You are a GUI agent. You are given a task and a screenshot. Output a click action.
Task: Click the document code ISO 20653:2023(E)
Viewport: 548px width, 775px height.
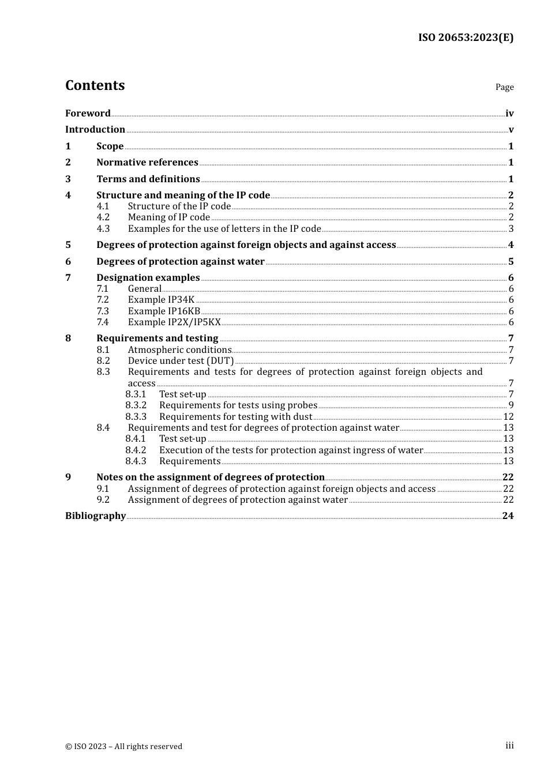click(466, 37)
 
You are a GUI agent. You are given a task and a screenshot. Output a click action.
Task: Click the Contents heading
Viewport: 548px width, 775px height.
click(95, 85)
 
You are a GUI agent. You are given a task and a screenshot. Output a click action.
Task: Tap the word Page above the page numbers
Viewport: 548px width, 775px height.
click(504, 87)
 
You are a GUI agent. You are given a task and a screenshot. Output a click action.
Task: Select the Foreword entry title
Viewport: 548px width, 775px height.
click(88, 114)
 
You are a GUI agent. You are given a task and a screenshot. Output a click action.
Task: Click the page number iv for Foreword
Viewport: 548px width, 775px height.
click(509, 114)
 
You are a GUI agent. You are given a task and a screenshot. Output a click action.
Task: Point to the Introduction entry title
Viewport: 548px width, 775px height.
click(95, 130)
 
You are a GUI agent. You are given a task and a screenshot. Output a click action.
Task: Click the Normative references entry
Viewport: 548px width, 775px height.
click(147, 163)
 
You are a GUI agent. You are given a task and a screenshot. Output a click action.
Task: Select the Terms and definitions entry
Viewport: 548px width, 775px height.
click(148, 179)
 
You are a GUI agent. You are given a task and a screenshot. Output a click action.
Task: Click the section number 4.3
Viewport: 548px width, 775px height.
click(103, 228)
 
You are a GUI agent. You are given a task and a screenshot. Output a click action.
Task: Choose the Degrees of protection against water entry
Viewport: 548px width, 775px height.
click(181, 262)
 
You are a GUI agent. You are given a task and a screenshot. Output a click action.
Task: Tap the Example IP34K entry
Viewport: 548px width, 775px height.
click(161, 300)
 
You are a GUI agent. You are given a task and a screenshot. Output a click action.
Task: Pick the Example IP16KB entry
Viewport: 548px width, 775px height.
click(164, 311)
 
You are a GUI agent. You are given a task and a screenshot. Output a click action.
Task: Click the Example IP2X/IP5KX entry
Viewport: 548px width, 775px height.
click(174, 322)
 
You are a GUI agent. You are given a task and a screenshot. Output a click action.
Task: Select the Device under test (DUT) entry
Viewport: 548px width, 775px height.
click(181, 361)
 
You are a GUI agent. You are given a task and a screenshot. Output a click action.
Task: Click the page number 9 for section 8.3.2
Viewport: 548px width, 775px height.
click(511, 405)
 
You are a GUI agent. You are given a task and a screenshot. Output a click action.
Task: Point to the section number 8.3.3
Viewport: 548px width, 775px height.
click(136, 416)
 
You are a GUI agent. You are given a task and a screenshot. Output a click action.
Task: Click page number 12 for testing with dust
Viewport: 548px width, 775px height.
click(508, 416)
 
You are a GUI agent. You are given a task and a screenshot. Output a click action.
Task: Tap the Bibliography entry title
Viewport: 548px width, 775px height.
click(95, 516)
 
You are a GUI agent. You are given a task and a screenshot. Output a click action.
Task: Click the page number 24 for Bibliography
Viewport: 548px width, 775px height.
click(508, 516)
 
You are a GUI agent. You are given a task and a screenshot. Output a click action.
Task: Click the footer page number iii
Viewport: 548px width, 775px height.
click(509, 746)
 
